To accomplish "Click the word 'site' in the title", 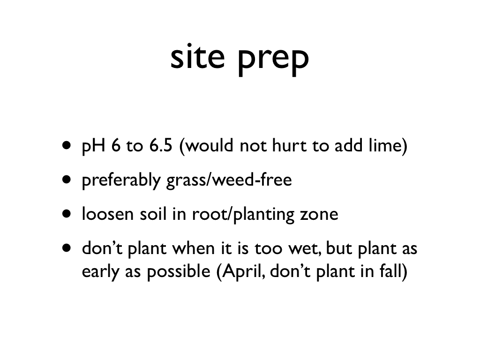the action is pos(198,57).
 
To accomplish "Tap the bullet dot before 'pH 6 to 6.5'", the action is pos(66,145).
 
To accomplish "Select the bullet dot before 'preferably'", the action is pos(66,179).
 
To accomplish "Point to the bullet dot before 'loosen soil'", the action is pos(66,213).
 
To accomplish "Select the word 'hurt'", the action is pos(289,145).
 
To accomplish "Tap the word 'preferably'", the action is pos(121,180).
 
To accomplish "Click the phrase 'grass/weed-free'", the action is pos(229,180).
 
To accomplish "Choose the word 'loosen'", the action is pos(108,214).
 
